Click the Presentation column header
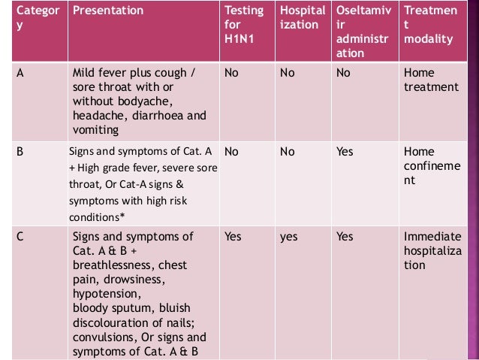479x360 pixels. coord(107,11)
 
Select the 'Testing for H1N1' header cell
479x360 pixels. coord(244,25)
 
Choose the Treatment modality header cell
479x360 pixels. coord(430,25)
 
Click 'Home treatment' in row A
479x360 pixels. coord(430,80)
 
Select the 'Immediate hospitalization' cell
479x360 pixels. coord(432,251)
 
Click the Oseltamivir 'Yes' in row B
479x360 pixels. coord(345,151)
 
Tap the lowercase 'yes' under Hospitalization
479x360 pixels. coord(288,237)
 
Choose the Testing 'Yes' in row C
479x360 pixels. coord(233,237)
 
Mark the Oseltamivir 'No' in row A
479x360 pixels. coord(343,74)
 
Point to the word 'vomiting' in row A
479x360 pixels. coord(96,129)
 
